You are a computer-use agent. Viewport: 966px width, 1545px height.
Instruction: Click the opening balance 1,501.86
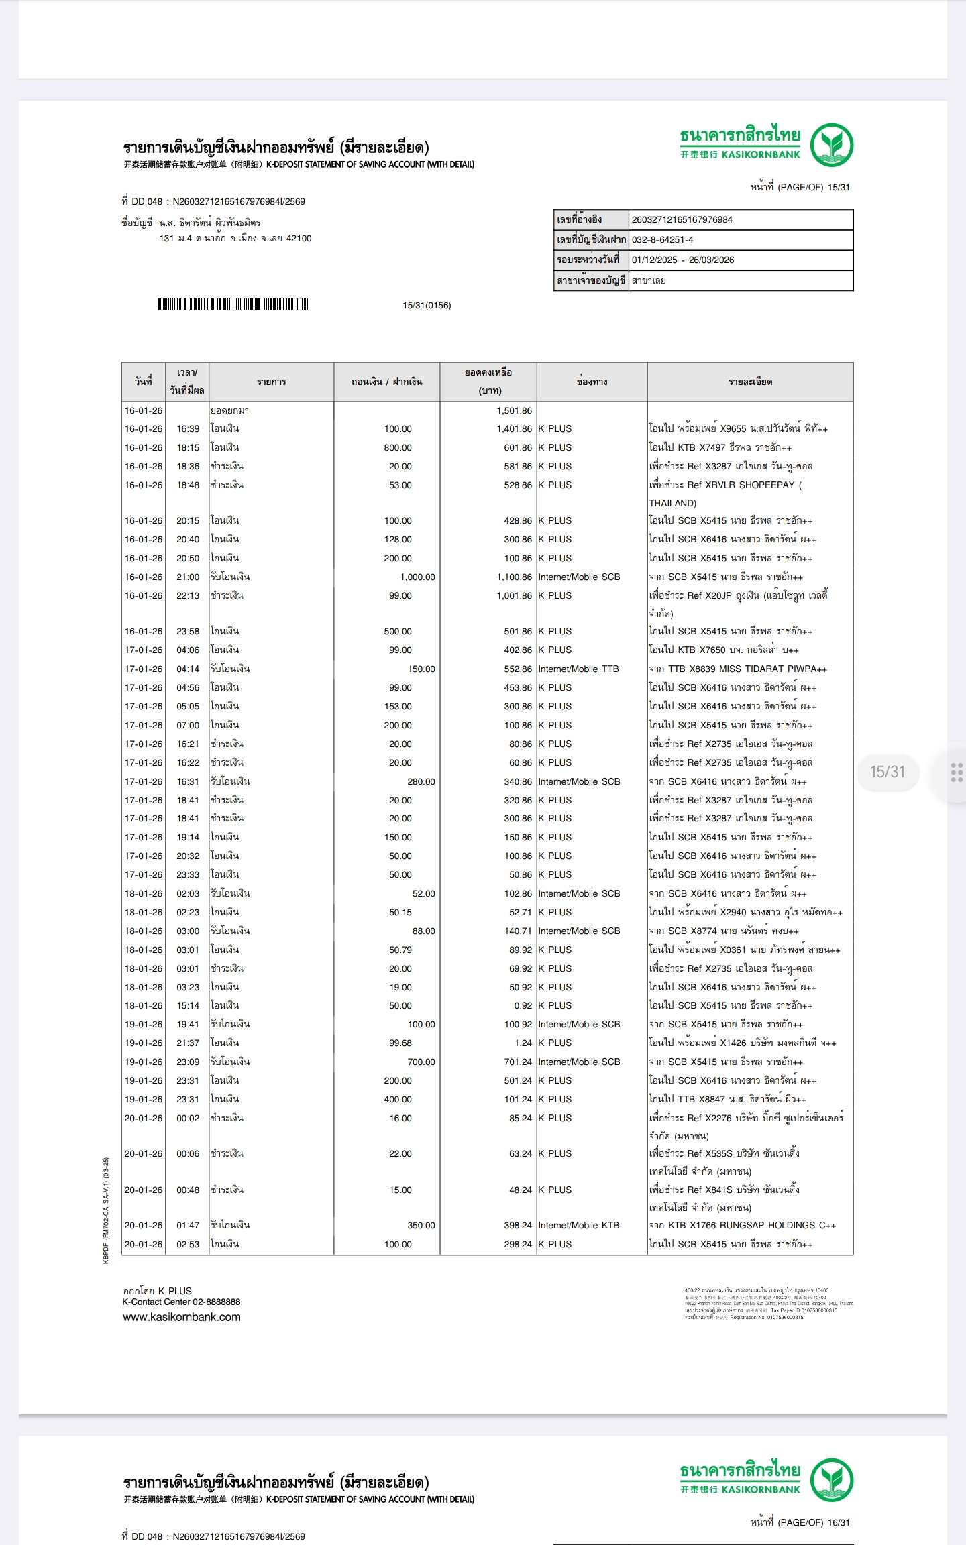pyautogui.click(x=514, y=410)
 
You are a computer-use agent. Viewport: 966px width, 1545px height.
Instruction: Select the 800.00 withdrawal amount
pyautogui.click(x=398, y=447)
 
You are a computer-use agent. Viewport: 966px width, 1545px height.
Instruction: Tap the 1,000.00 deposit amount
pyautogui.click(x=417, y=577)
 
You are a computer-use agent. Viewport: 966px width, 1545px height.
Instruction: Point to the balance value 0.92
pyautogui.click(x=523, y=1005)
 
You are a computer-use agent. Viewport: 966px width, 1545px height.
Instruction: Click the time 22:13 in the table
pyautogui.click(x=188, y=595)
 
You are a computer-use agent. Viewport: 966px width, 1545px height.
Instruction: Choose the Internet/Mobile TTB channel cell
pyautogui.click(x=578, y=669)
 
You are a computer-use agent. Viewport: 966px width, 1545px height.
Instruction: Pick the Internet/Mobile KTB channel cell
pyautogui.click(x=578, y=1225)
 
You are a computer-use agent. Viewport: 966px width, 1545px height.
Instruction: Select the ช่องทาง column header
pyautogui.click(x=592, y=382)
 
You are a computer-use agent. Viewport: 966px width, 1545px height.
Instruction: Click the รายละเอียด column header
pyautogui.click(x=750, y=382)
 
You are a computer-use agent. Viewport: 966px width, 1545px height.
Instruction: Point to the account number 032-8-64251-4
pyautogui.click(x=663, y=239)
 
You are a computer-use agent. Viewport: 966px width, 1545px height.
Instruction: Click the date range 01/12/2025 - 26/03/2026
pyautogui.click(x=683, y=260)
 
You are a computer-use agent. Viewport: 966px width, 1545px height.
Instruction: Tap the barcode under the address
pyautogui.click(x=232, y=304)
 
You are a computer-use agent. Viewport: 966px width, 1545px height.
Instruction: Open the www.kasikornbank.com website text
pyautogui.click(x=181, y=1316)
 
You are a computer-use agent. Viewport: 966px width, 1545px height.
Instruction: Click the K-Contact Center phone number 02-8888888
pyautogui.click(x=216, y=1302)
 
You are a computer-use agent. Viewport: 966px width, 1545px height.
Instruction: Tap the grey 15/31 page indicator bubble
pyautogui.click(x=887, y=772)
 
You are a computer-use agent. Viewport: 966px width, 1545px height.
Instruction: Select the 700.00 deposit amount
pyautogui.click(x=421, y=1062)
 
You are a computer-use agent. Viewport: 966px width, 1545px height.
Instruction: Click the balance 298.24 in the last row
pyautogui.click(x=518, y=1244)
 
